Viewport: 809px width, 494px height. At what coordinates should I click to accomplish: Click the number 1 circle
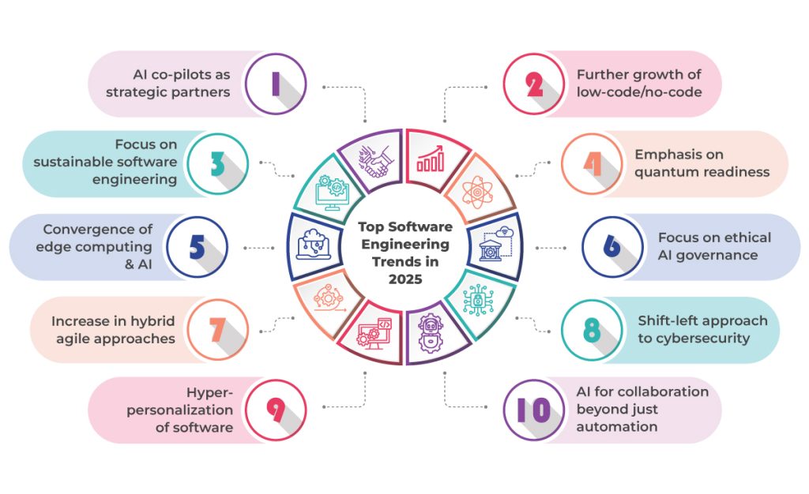click(275, 83)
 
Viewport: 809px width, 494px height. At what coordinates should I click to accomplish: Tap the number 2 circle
click(535, 83)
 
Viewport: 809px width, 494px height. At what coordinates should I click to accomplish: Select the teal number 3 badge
click(216, 163)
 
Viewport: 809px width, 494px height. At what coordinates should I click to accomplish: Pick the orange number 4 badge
click(593, 163)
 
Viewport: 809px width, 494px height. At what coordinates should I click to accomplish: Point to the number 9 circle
click(275, 410)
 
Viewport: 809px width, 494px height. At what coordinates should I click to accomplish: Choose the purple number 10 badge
click(535, 410)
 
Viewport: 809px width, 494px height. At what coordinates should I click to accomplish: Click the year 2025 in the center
click(404, 279)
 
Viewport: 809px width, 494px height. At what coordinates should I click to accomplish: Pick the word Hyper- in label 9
click(209, 392)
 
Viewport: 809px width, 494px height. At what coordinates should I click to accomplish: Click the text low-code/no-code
click(638, 92)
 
